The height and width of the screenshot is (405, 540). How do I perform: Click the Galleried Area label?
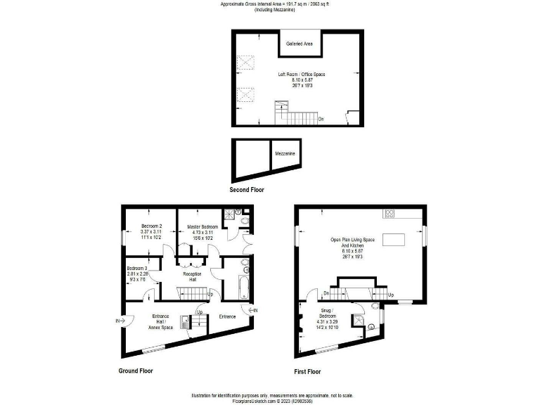pos(300,44)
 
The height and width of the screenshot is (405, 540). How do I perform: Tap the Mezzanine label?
pos(285,153)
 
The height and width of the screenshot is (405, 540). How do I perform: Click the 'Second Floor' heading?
pos(247,190)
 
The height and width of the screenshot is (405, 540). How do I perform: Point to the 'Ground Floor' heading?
pos(135,371)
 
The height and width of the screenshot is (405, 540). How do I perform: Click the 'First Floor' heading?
pos(307,371)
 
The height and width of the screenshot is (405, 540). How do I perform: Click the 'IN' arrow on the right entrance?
pos(252,309)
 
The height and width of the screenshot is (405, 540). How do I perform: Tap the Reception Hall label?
pos(192,276)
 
